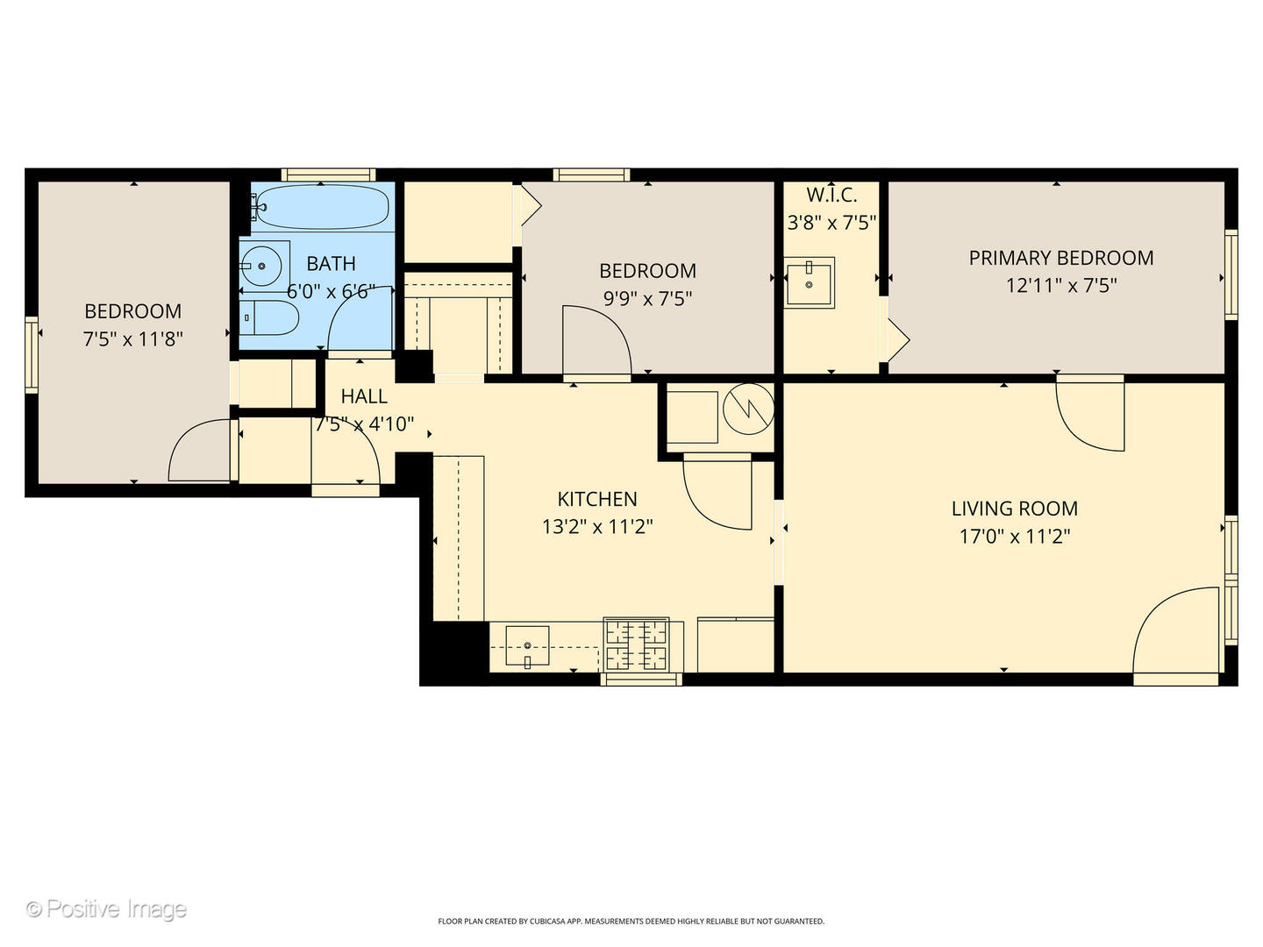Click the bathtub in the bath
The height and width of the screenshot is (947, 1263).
click(x=323, y=207)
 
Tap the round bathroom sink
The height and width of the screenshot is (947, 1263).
click(x=260, y=265)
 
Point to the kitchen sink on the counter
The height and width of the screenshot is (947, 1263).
click(x=527, y=645)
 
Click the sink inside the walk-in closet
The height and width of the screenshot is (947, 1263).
click(x=809, y=281)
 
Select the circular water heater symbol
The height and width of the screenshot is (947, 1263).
click(x=748, y=409)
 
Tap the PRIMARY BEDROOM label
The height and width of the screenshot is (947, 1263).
click(x=1060, y=258)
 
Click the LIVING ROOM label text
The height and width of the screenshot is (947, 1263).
click(x=1014, y=509)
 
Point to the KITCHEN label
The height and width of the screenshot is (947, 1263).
click(x=596, y=499)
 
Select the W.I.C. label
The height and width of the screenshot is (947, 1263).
click(x=831, y=195)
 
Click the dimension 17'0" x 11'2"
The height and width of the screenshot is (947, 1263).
click(x=1014, y=536)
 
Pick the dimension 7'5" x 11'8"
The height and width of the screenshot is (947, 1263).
click(x=132, y=338)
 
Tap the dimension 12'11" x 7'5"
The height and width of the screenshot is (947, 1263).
click(x=1060, y=285)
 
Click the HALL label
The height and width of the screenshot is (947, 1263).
click(x=364, y=396)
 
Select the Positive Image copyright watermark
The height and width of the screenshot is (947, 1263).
click(x=106, y=908)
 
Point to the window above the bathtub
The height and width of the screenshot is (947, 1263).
click(x=328, y=174)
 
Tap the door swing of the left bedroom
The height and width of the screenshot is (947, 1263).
click(x=201, y=451)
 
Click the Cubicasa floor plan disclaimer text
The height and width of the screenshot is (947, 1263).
click(x=631, y=922)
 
